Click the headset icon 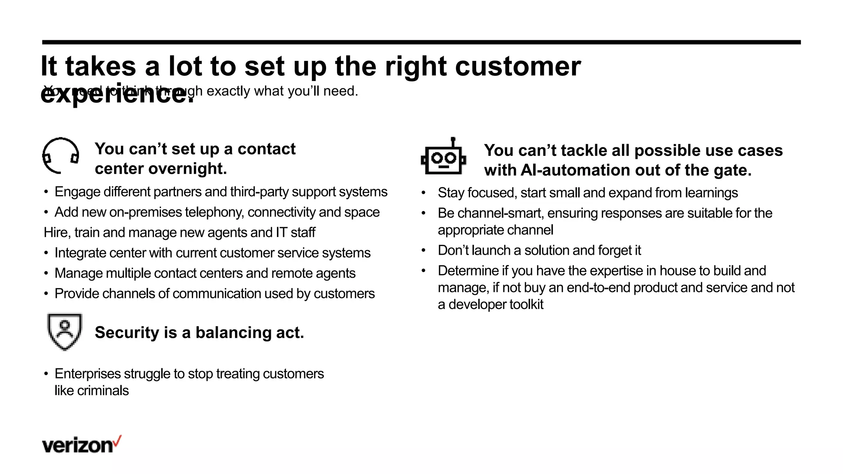click(61, 156)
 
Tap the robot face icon click(443, 158)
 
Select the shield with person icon click(65, 331)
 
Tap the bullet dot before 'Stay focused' click(424, 193)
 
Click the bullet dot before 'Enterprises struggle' click(46, 374)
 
